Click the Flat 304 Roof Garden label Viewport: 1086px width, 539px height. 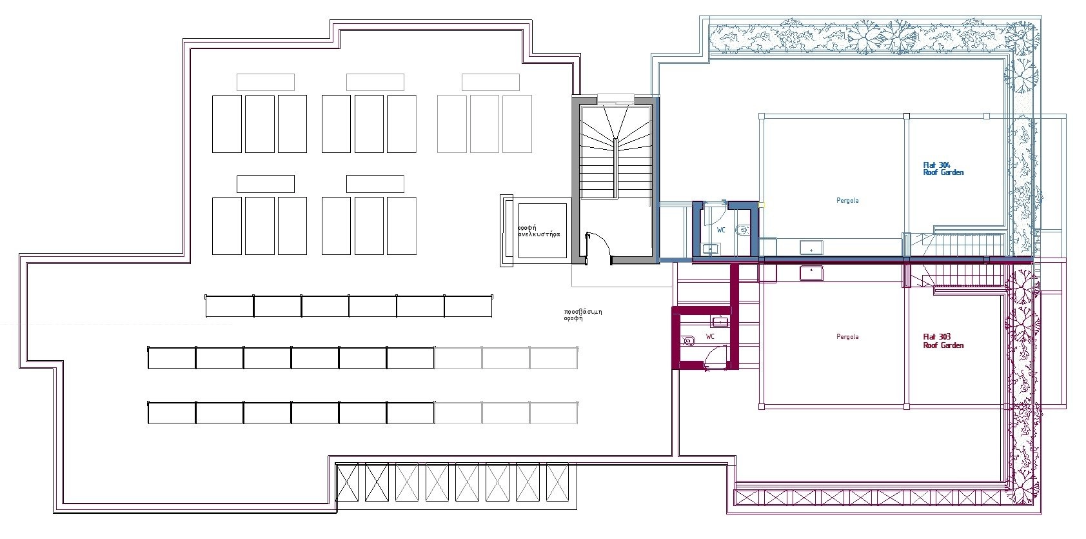click(943, 169)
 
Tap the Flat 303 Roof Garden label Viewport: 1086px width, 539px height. click(943, 341)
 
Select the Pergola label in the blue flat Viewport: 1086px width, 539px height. click(847, 200)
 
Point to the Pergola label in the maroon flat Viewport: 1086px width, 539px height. click(847, 337)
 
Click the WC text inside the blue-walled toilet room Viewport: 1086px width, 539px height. click(722, 230)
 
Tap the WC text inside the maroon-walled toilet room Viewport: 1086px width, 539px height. click(710, 336)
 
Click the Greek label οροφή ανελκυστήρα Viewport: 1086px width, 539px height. click(538, 231)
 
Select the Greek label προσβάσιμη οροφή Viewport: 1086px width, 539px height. click(583, 315)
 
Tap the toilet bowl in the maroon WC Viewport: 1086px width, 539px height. click(688, 341)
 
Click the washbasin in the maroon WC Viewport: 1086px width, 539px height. click(720, 321)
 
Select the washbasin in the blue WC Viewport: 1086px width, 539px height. click(711, 249)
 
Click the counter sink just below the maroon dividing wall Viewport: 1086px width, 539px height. click(811, 272)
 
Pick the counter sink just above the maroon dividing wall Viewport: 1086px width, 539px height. click(811, 247)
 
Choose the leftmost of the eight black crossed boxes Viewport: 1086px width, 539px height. click(347, 482)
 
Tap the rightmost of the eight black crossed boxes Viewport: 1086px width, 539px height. click(558, 482)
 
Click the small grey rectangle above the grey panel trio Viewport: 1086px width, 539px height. click(491, 83)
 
